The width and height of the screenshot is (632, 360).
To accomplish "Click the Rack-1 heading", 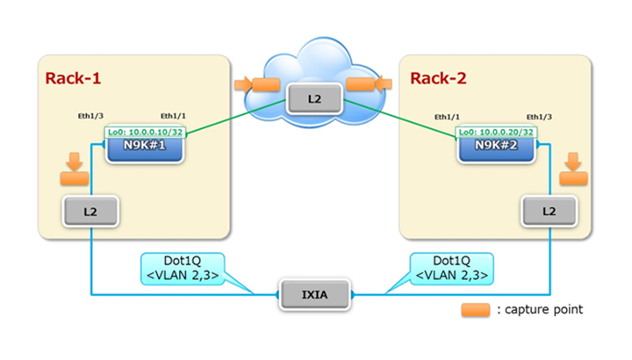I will pyautogui.click(x=74, y=79).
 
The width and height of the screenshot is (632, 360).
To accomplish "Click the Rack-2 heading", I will pyautogui.click(x=439, y=79).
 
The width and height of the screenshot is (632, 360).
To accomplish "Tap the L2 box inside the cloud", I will pyautogui.click(x=314, y=99).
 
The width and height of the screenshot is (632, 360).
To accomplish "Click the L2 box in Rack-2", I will pyautogui.click(x=549, y=211).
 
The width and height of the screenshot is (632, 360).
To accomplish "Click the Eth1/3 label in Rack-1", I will pyautogui.click(x=91, y=116).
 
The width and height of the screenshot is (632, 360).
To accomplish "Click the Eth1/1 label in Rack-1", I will pyautogui.click(x=174, y=116).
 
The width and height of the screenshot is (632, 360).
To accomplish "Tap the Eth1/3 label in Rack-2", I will pyautogui.click(x=539, y=116).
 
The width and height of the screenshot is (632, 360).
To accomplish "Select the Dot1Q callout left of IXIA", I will pyautogui.click(x=183, y=269).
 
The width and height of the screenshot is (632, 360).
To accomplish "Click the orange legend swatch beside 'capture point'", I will pyautogui.click(x=477, y=309).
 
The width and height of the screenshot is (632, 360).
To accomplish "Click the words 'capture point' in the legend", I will pyautogui.click(x=545, y=310).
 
